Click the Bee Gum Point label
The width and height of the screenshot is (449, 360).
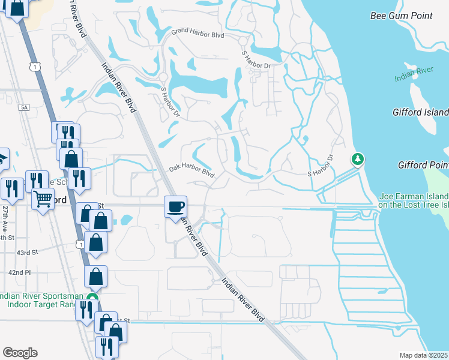tap(400, 16)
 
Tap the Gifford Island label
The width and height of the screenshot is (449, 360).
tap(420, 112)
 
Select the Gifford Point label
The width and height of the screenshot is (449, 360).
tap(423, 165)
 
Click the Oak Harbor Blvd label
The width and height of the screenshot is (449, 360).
tap(191, 172)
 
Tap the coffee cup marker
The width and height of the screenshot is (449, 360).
tap(175, 208)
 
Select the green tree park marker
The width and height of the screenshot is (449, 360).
tap(358, 159)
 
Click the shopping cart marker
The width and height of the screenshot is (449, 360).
tap(42, 198)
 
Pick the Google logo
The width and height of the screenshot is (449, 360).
tap(20, 352)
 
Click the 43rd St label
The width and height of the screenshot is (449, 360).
tap(28, 253)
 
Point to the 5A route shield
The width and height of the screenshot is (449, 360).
tap(24, 107)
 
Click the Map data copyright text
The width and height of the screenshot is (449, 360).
tap(424, 355)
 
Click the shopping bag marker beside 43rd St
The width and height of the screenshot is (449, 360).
tap(95, 242)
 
